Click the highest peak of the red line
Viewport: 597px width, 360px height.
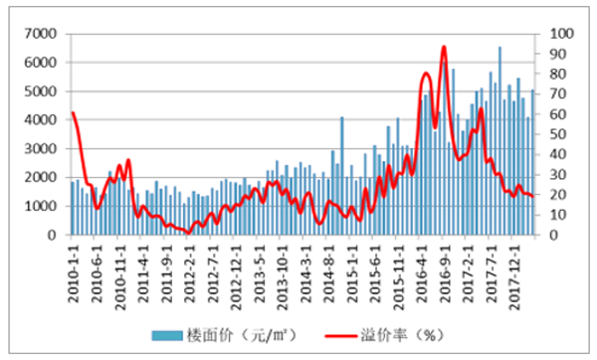[443, 47]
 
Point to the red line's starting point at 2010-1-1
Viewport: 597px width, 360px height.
[73, 112]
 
